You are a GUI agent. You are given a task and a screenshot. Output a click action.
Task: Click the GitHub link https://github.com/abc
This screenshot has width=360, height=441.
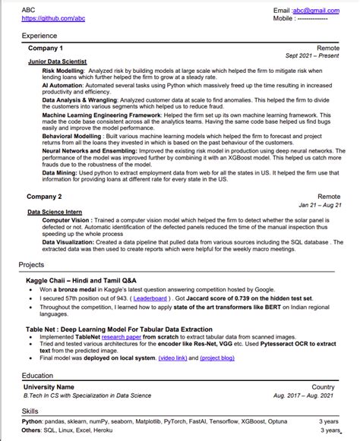click(x=48, y=18)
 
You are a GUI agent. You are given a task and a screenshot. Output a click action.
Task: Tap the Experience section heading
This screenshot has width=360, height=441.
click(x=39, y=36)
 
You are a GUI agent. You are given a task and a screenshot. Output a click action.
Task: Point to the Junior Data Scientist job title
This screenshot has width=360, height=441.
click(x=57, y=61)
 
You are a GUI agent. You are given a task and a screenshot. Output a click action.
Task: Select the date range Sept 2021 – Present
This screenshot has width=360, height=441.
click(x=312, y=55)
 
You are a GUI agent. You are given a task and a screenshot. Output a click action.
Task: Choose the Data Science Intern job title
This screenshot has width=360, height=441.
click(x=55, y=212)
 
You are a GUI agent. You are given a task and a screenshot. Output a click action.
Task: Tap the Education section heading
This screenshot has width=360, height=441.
click(x=37, y=376)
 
